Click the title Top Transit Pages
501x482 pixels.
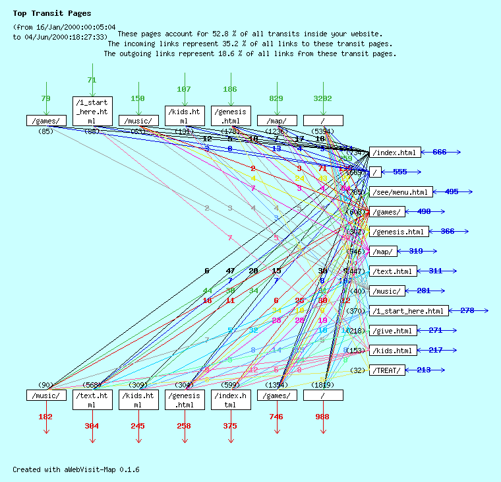point(52,13)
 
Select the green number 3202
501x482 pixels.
point(322,99)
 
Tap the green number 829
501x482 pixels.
point(276,99)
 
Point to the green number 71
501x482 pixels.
point(92,80)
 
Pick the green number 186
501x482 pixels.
point(230,90)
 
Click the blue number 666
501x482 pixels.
point(440,153)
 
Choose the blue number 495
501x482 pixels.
point(452,192)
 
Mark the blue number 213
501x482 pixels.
point(424,370)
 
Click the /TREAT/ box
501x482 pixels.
point(388,370)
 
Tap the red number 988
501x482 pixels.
point(322,417)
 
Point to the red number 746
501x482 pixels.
point(276,417)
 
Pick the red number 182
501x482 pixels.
point(45,417)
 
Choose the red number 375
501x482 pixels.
point(230,427)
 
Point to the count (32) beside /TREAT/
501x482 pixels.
point(357,370)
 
